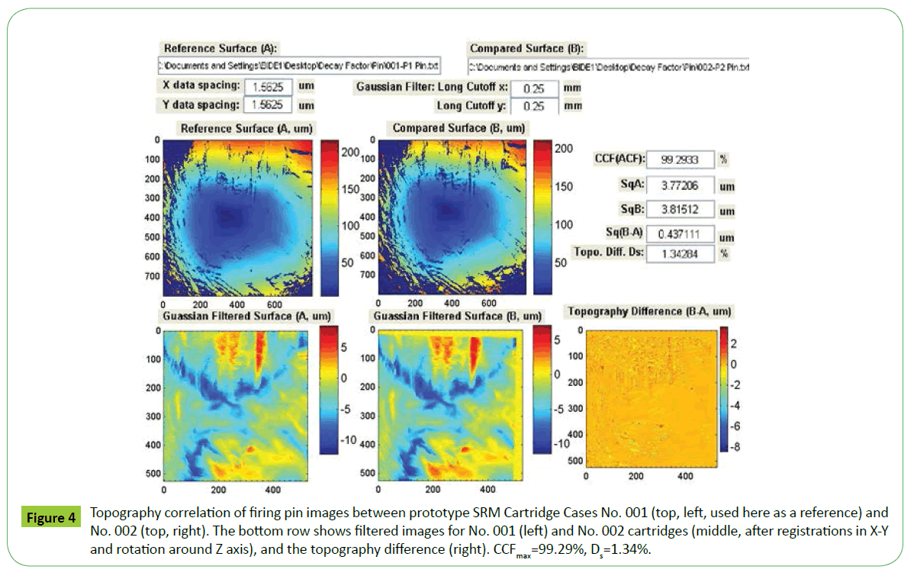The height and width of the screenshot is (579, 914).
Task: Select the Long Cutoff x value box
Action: pyautogui.click(x=533, y=88)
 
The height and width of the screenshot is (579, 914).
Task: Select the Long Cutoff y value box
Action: pyautogui.click(x=533, y=106)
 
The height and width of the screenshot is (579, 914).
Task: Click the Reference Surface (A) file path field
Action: pyautogui.click(x=301, y=66)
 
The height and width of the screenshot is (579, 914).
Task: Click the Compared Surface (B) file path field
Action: pyautogui.click(x=608, y=66)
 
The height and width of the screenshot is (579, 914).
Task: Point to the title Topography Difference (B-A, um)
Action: pyautogui.click(x=649, y=310)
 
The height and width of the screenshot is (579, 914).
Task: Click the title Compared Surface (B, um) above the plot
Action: pyautogui.click(x=459, y=128)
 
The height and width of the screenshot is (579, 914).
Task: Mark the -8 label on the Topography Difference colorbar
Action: pyautogui.click(x=738, y=448)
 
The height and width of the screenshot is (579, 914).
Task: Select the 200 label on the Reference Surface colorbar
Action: pyautogui.click(x=350, y=153)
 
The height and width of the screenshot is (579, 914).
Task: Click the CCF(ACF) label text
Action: pyautogui.click(x=619, y=159)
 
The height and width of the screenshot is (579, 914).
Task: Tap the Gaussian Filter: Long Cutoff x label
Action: pyautogui.click(x=430, y=87)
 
